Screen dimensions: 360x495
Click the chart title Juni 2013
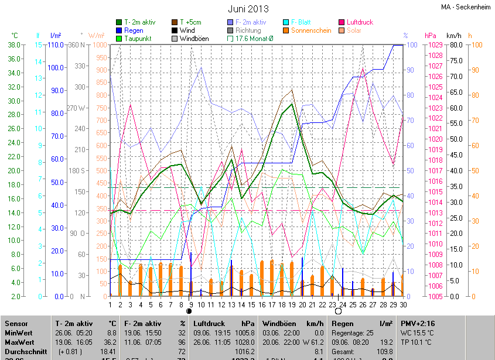[248, 9]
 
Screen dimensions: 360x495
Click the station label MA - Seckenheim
[465, 7]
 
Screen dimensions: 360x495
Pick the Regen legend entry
[134, 30]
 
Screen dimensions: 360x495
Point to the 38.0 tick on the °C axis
[15, 44]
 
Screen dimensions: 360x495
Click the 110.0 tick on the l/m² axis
[56, 44]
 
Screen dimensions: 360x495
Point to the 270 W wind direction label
[76, 108]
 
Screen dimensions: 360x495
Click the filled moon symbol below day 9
[189, 311]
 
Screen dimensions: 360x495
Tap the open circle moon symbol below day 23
[338, 311]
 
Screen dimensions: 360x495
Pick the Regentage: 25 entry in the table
[353, 332]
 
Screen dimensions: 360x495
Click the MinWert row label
[18, 332]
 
